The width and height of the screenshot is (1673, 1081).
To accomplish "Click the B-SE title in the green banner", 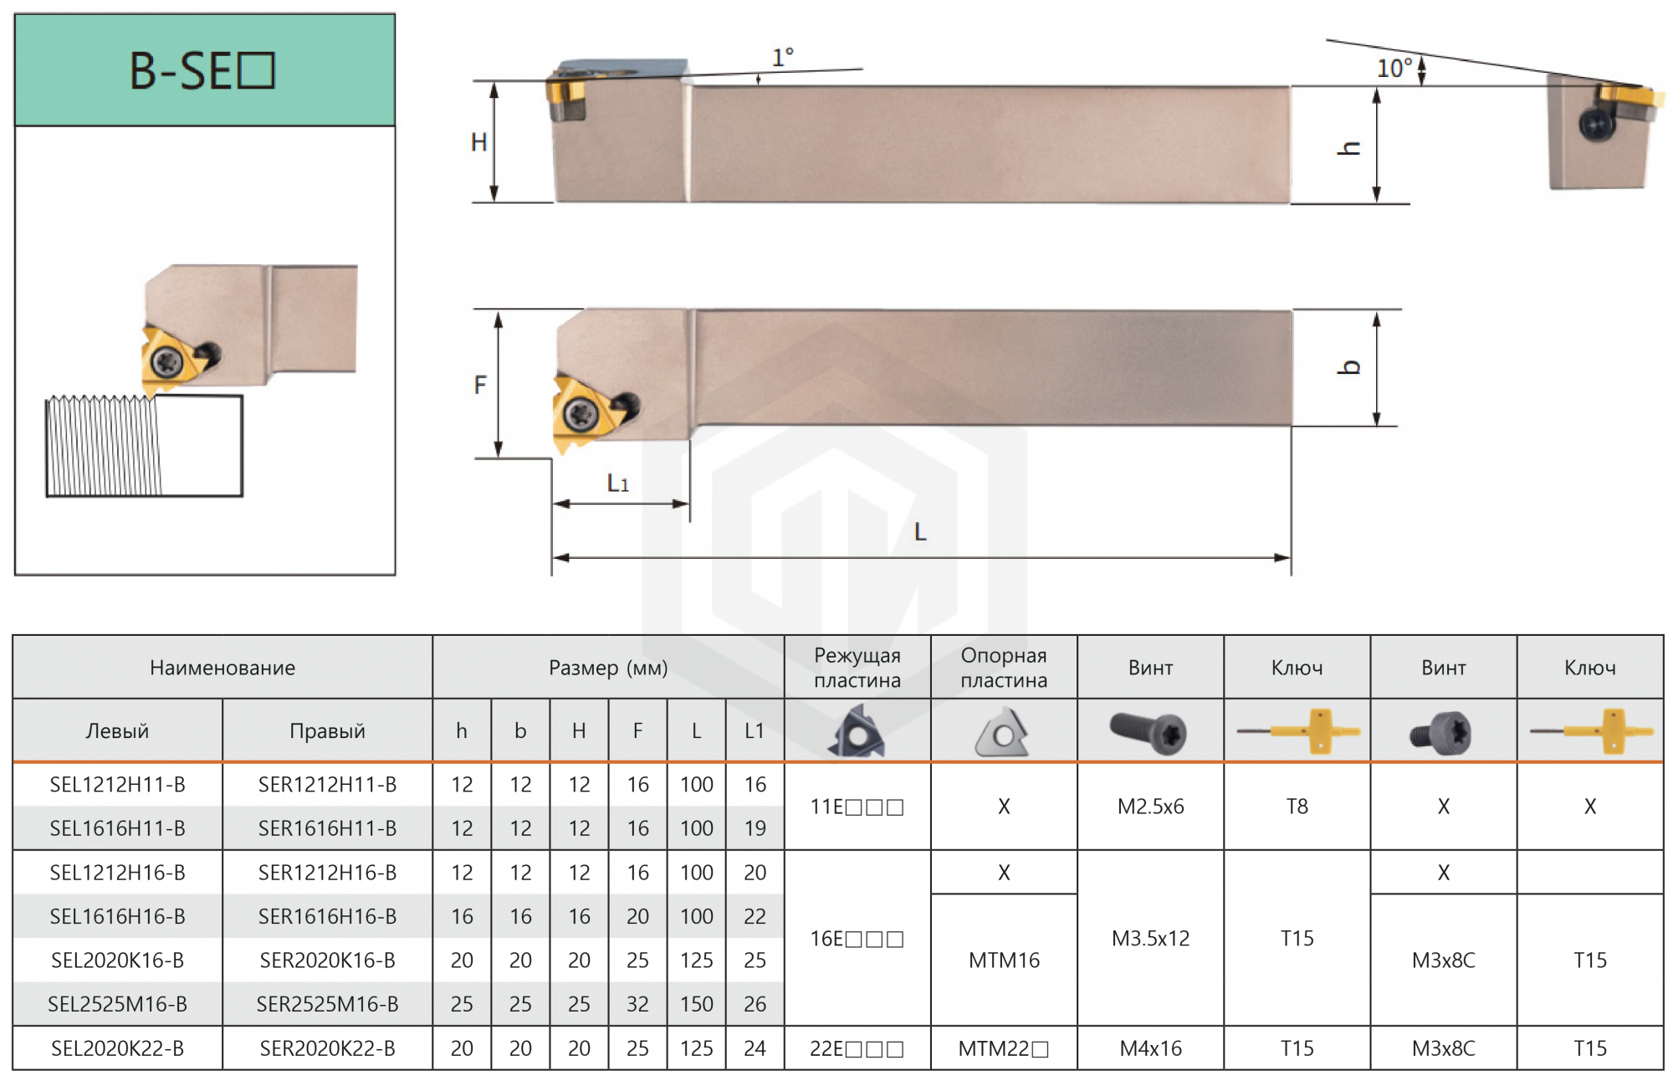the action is (202, 70).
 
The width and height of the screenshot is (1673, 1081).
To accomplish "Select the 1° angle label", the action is (783, 58).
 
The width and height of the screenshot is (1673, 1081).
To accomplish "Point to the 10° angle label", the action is (1394, 68).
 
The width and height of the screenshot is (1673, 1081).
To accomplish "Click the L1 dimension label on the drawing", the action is (618, 483).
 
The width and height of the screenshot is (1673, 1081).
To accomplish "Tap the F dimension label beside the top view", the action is (480, 385).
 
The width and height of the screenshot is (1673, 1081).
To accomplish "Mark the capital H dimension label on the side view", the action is (478, 142).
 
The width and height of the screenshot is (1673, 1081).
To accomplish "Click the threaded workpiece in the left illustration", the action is (144, 446).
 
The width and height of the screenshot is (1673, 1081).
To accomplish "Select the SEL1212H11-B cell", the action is (117, 785).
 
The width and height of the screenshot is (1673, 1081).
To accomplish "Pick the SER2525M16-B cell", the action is (327, 1004).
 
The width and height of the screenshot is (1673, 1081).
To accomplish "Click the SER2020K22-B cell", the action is (327, 1048).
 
